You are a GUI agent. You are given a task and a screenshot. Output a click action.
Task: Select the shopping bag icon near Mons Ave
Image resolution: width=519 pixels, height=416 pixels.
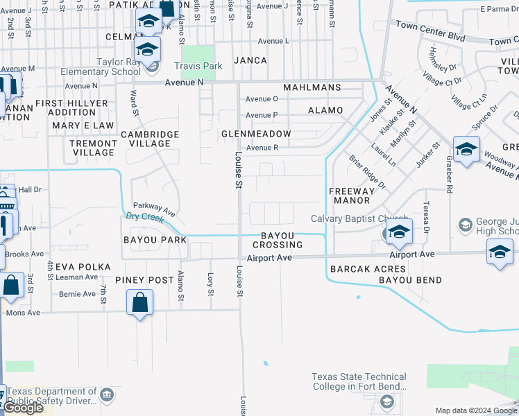coord(140,302)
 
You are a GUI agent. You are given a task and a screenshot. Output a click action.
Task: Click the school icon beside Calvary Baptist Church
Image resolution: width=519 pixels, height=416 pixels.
coord(399,232)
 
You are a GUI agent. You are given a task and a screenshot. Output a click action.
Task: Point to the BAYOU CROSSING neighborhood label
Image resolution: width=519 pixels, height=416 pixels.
coord(277,241)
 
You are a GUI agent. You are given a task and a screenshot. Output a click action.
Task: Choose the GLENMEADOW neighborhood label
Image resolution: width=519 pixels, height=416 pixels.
coord(255,133)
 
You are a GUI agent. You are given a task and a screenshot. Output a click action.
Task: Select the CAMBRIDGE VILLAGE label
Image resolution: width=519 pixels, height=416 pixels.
coord(150,139)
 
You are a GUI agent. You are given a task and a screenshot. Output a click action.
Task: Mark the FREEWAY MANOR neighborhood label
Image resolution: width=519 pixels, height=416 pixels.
coord(350,196)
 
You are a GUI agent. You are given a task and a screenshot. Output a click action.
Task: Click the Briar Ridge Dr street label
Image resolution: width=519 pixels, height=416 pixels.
coord(367,173)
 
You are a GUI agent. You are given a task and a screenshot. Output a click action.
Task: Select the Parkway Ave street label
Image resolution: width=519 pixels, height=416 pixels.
coord(154,207)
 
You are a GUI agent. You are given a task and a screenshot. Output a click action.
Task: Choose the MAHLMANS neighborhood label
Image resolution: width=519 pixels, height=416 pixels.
coord(312,87)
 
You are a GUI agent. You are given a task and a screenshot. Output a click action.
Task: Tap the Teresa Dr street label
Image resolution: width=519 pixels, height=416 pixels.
coord(425,218)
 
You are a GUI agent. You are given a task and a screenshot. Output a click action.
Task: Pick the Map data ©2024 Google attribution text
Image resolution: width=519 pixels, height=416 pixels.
coord(476,410)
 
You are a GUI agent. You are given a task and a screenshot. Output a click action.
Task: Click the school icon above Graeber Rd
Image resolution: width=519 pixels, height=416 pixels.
coord(466,150)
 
